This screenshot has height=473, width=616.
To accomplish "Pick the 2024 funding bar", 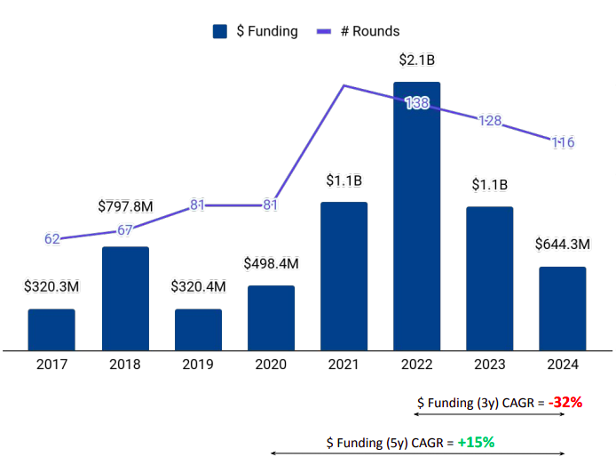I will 563,308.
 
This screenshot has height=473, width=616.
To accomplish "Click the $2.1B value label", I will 417,60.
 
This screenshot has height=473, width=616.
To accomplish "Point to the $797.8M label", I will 125,206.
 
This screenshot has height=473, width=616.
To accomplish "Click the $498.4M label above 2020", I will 271,264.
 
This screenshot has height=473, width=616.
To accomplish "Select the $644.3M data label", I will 563,244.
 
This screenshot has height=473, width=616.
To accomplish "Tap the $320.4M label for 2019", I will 197,287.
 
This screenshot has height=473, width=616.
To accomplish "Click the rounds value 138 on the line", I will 417,103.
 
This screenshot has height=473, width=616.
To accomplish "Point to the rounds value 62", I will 51,239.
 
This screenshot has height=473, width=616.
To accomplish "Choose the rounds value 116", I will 563,142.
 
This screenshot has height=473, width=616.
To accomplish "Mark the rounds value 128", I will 490,121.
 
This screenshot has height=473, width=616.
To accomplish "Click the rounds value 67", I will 125,230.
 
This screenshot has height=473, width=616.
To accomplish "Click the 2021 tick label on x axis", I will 344,364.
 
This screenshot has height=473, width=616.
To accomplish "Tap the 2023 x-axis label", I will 490,364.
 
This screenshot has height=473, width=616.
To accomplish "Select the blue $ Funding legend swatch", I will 221,31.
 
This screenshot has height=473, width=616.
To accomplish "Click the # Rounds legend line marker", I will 324,31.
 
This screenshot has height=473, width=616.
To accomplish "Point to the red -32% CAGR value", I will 565,402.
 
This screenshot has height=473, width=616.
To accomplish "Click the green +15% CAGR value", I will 476,441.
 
